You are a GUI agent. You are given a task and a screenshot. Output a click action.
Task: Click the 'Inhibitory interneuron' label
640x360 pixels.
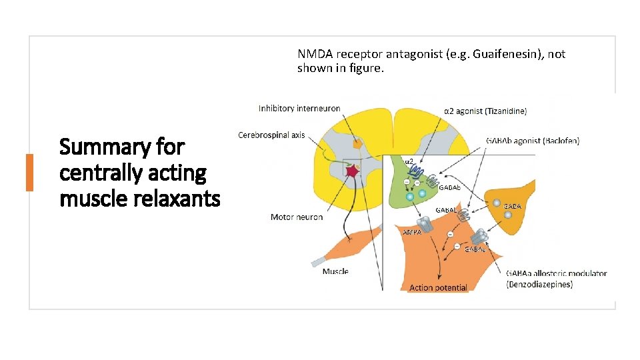pos(299,108)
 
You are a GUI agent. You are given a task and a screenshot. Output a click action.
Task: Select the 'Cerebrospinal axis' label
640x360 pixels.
pos(271,135)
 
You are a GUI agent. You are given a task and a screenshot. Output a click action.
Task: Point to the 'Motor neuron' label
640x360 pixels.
pos(297,217)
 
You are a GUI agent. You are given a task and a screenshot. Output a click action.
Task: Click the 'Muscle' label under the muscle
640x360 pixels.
pos(335,271)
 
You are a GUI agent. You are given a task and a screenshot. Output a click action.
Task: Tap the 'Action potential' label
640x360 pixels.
pos(438,288)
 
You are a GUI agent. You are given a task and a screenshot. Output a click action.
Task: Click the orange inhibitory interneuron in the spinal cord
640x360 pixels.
pos(357,143)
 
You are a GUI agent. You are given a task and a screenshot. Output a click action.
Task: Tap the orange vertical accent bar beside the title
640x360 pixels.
pos(29,172)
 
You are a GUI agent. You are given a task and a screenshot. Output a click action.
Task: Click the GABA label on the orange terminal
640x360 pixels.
pos(512,207)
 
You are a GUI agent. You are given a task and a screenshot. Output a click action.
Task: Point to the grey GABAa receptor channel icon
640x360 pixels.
pos(479,237)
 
